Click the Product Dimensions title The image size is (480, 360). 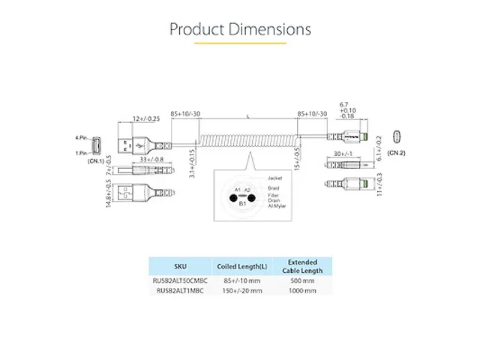point(240,30)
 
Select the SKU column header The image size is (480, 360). point(181,266)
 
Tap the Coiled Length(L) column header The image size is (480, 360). point(242,266)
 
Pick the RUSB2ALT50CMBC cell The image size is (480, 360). point(181,281)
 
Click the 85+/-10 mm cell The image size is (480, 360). point(242,281)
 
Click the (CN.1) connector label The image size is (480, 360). point(95,160)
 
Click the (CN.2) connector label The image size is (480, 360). point(397,153)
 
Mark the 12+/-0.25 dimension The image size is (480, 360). point(147,118)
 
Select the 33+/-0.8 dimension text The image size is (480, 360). point(152,159)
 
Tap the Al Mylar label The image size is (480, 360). point(277,205)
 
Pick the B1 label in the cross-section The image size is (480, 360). point(242,203)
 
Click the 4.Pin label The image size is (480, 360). point(82,138)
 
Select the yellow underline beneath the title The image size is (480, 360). point(240,43)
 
